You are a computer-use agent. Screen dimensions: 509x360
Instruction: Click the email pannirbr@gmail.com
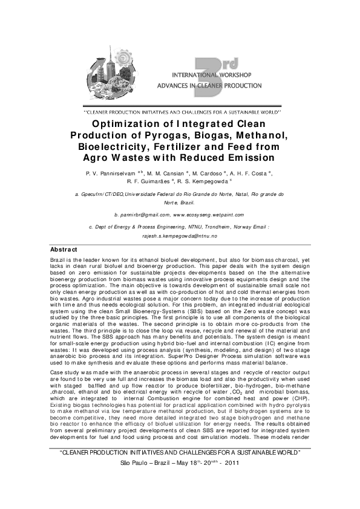[141, 215]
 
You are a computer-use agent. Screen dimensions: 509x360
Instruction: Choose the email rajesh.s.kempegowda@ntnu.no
[180, 238]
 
